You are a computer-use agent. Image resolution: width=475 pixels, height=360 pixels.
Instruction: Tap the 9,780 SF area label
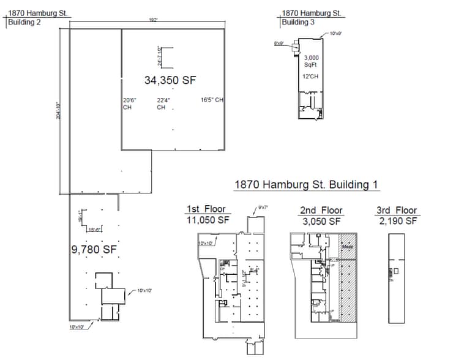point(94,249)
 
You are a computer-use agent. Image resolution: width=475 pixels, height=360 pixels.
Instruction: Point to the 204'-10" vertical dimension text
point(58,111)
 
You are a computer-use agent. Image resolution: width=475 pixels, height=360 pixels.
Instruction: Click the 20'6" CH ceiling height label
point(129,103)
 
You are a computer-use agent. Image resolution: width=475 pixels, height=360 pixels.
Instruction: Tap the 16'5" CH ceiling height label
point(212,100)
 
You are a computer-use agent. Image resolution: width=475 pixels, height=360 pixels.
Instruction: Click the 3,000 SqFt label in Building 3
point(312,61)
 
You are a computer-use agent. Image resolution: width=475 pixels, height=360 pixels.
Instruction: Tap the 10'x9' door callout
point(335,33)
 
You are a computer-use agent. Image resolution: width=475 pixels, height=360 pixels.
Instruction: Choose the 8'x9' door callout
point(279,43)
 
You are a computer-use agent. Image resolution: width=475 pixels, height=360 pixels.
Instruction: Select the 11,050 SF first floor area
point(207,220)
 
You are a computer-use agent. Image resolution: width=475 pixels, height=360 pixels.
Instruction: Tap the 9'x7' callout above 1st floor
point(264,208)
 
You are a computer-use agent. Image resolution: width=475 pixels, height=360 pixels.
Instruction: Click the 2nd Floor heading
point(321,210)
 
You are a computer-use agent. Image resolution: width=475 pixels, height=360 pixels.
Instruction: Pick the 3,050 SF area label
point(321,221)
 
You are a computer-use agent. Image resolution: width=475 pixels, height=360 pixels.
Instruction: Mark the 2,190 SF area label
point(397,221)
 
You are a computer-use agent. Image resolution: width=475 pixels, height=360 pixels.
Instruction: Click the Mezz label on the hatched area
point(346,247)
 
